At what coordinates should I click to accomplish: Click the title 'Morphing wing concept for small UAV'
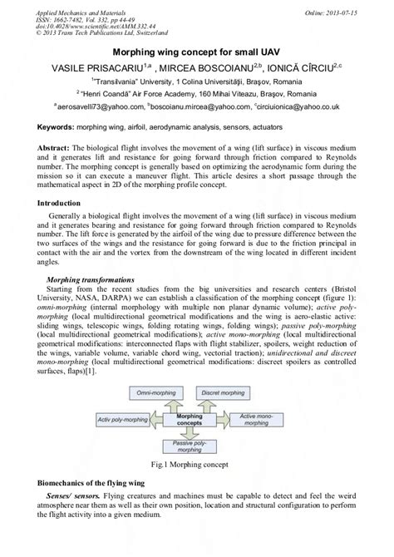tap(196, 52)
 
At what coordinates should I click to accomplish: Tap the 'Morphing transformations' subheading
tap(91, 282)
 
